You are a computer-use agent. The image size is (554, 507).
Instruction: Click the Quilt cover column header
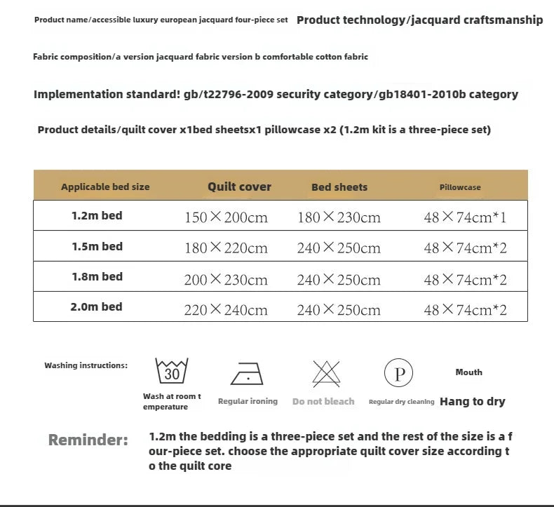(x=239, y=187)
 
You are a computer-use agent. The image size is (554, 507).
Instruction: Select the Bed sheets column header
(x=339, y=187)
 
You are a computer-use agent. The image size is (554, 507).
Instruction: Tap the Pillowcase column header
(x=460, y=187)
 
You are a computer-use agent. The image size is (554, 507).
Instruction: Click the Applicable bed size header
(x=105, y=187)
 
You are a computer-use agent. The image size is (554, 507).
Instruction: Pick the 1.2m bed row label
(x=97, y=216)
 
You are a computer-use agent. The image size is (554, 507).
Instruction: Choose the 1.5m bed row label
(x=97, y=247)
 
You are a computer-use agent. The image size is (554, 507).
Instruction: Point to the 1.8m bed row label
(x=97, y=277)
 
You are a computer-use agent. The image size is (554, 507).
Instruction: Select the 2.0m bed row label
(x=97, y=307)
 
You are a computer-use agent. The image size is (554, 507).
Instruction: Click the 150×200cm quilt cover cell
(x=226, y=217)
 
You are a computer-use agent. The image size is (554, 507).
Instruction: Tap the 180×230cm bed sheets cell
(x=339, y=217)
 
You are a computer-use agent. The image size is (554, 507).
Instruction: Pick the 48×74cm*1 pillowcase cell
(x=465, y=217)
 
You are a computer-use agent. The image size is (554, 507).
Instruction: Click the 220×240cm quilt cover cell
(x=226, y=310)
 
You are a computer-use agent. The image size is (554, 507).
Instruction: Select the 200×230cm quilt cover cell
(x=226, y=280)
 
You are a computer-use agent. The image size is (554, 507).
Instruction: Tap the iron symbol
(x=247, y=372)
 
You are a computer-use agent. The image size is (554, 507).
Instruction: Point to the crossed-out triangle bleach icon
(x=323, y=372)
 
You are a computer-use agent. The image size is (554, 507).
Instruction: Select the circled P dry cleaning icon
(x=399, y=372)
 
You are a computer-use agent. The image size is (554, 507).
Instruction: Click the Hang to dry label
(x=472, y=402)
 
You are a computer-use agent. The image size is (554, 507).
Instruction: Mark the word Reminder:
(x=88, y=440)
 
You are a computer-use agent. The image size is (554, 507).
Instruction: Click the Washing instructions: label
(x=86, y=365)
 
